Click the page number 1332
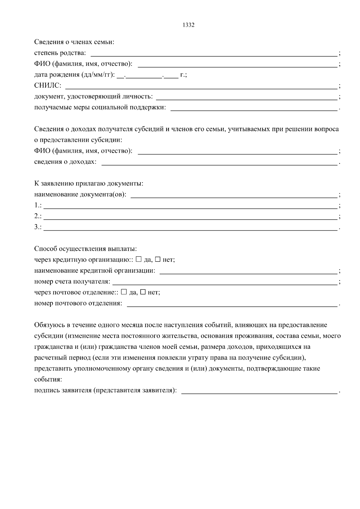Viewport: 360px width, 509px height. click(188, 25)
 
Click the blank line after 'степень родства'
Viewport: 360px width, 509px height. click(214, 54)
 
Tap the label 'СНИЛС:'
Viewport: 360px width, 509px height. click(48, 86)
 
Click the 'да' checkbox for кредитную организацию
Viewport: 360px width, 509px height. click(139, 259)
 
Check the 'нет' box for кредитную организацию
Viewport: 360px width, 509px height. click(157, 259)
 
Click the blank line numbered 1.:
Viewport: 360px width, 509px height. click(190, 206)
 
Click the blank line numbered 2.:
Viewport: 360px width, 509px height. click(190, 217)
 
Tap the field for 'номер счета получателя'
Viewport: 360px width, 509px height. click(224, 282)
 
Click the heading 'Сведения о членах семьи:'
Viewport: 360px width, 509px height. click(74, 42)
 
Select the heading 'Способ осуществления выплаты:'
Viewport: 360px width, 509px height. click(85, 249)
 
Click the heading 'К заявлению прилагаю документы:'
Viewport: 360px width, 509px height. click(88, 183)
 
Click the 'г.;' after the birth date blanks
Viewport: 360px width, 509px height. click(183, 75)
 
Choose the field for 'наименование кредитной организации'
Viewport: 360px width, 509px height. click(248, 271)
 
